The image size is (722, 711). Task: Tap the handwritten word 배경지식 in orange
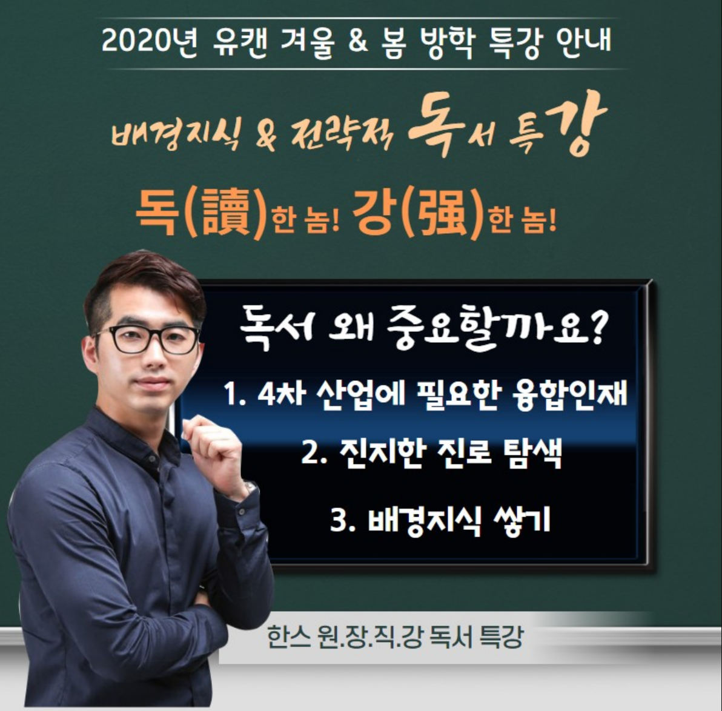point(176,133)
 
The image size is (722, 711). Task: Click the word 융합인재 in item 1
point(569,394)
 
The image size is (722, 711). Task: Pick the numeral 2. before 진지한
point(313,453)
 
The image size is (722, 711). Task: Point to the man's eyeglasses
point(150,339)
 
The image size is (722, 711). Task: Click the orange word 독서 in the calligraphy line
point(451,124)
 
